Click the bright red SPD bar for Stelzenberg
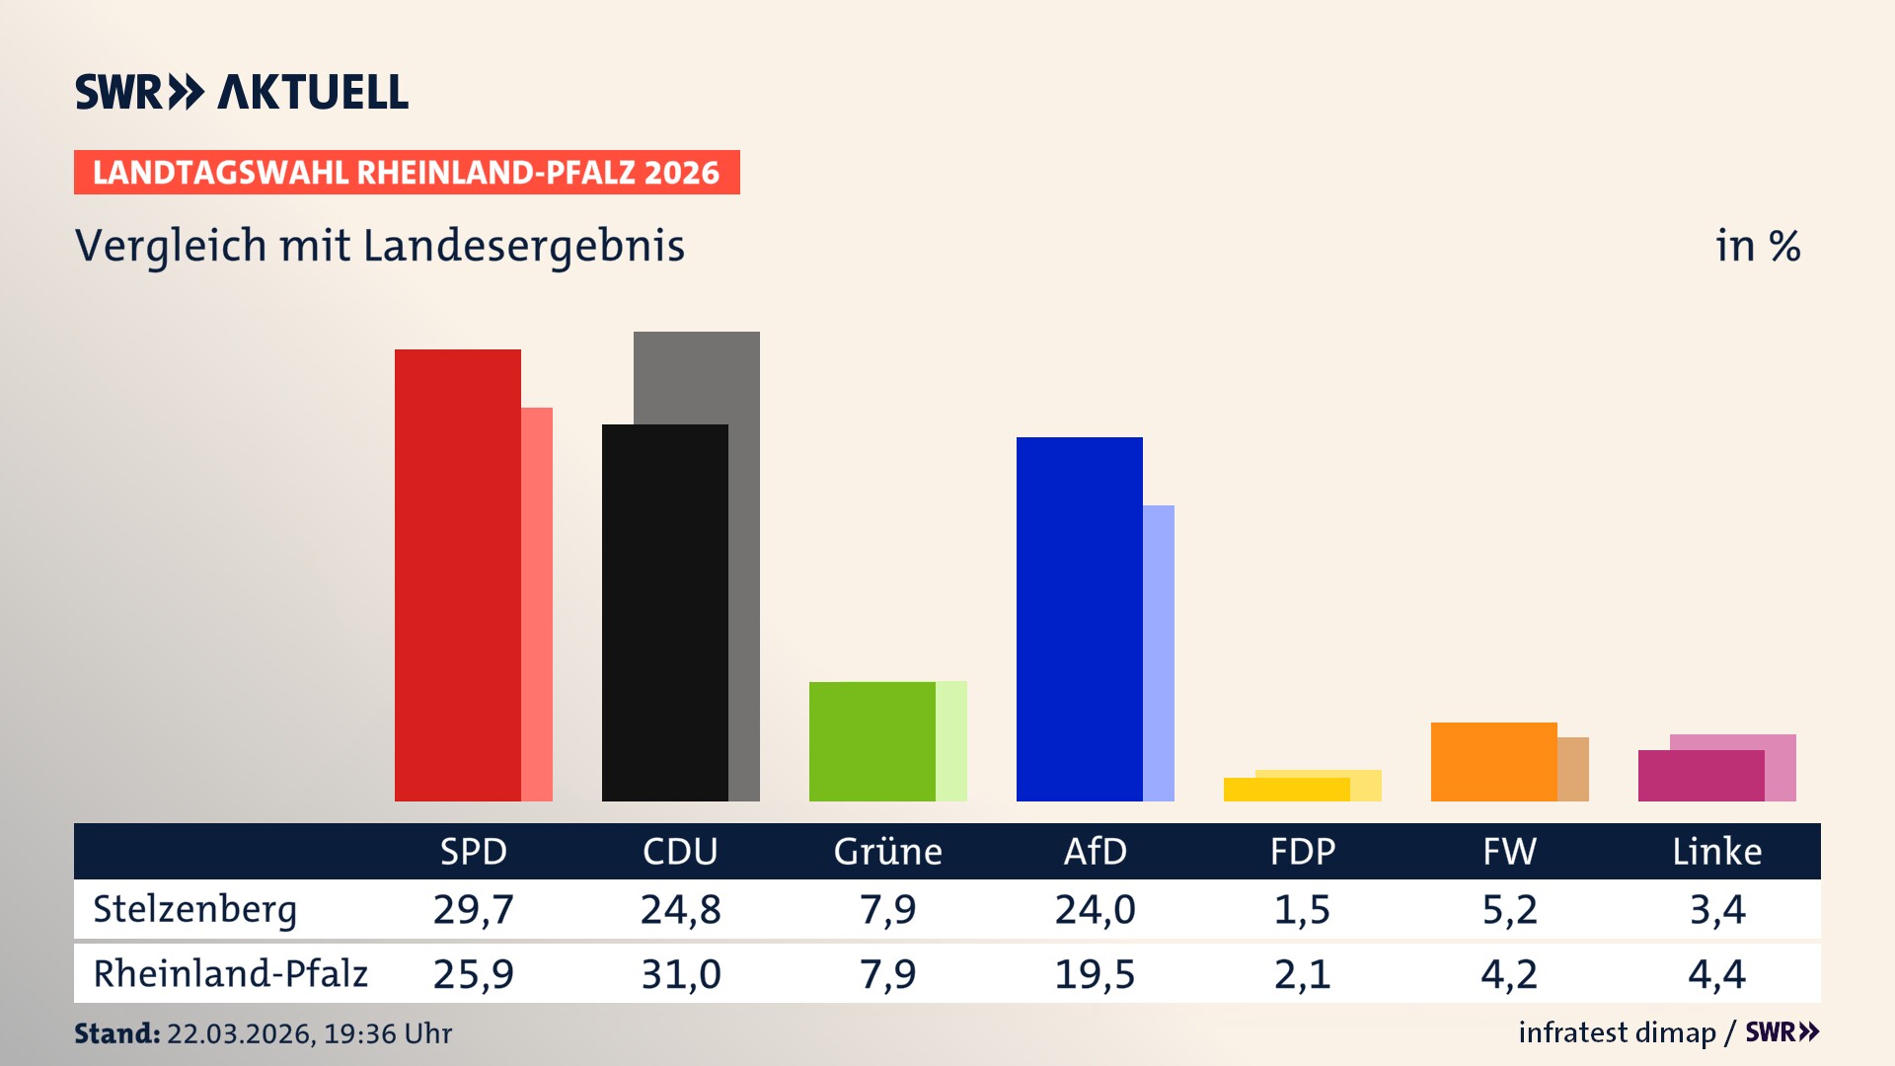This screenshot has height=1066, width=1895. click(x=457, y=574)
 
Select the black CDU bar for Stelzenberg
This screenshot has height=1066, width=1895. click(x=664, y=612)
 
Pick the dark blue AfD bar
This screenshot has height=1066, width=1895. click(x=1079, y=618)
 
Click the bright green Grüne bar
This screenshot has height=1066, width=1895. click(x=872, y=740)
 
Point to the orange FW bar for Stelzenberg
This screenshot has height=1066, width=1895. click(x=1493, y=761)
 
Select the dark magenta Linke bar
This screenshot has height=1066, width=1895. click(x=1701, y=775)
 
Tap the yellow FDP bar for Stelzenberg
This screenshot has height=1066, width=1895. click(x=1286, y=789)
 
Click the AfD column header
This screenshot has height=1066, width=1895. click(x=1095, y=851)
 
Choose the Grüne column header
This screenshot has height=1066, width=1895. click(x=887, y=851)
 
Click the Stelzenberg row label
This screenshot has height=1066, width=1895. click(x=194, y=909)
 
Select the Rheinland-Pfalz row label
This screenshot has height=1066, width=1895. click(x=230, y=973)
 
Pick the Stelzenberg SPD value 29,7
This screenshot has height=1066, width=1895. click(x=473, y=909)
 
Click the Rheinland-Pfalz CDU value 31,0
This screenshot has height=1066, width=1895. click(x=680, y=974)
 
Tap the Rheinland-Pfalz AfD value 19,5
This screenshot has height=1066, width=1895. click(x=1095, y=974)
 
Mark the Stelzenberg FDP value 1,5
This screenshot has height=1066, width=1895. click(x=1302, y=909)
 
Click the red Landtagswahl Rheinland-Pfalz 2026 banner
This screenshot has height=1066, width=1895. click(x=407, y=172)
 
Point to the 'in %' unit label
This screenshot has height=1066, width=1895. click(x=1757, y=246)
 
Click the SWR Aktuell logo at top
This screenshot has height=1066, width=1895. click(x=242, y=92)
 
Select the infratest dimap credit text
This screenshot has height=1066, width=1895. click(x=1617, y=1032)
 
